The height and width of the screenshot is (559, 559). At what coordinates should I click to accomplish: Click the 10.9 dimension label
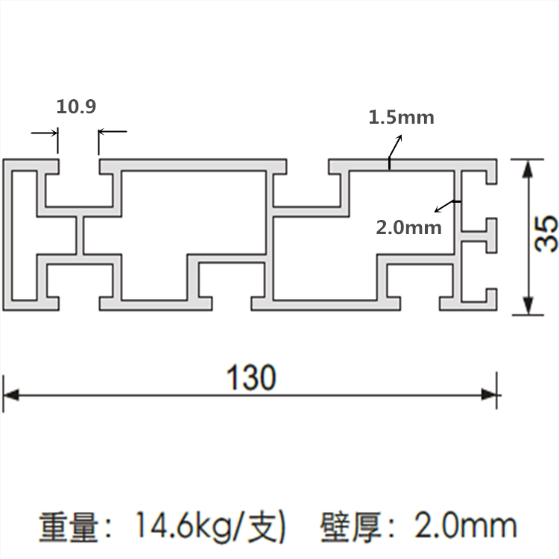point(77,107)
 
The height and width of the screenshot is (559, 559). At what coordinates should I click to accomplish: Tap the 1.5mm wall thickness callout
point(401,117)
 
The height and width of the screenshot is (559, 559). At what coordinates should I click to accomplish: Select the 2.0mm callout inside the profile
point(408,227)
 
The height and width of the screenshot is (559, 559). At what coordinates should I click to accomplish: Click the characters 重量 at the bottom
point(69,527)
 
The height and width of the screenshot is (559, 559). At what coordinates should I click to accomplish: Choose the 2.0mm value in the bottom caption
point(465,527)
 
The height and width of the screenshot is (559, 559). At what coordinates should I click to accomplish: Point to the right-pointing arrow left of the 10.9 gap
point(53,133)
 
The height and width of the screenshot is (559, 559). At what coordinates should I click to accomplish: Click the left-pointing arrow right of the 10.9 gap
point(103,133)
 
